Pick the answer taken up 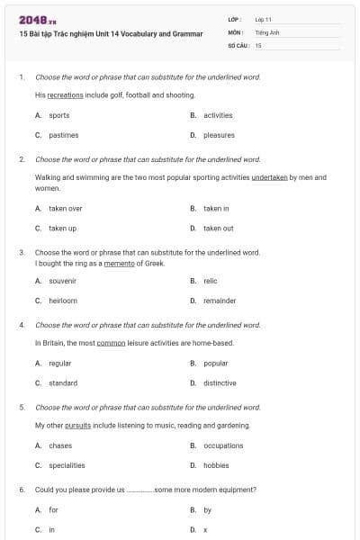(x=62, y=229)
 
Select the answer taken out (x=218, y=229)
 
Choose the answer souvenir (x=62, y=281)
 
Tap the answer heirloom (x=63, y=301)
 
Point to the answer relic (x=211, y=281)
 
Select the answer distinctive (x=220, y=383)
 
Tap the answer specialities (x=67, y=465)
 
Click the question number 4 (x=22, y=324)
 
